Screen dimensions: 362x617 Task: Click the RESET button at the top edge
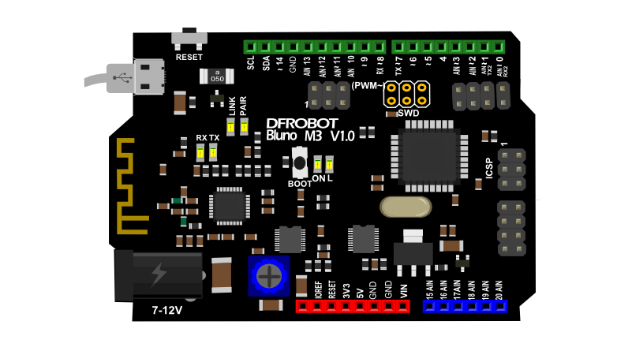point(189,38)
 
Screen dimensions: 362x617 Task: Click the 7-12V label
point(166,311)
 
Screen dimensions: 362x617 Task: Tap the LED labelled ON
point(318,164)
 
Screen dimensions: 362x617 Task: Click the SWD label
point(408,113)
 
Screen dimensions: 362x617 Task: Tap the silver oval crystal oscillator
point(405,207)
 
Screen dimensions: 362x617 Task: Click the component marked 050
point(219,77)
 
